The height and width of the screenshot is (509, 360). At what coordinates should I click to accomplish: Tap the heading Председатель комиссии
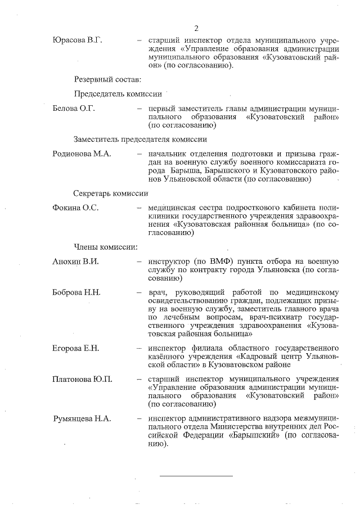pos(118,94)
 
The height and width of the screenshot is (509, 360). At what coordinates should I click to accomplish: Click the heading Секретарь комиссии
pos(111,192)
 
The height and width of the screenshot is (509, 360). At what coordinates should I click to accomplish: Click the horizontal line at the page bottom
pos(196,476)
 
